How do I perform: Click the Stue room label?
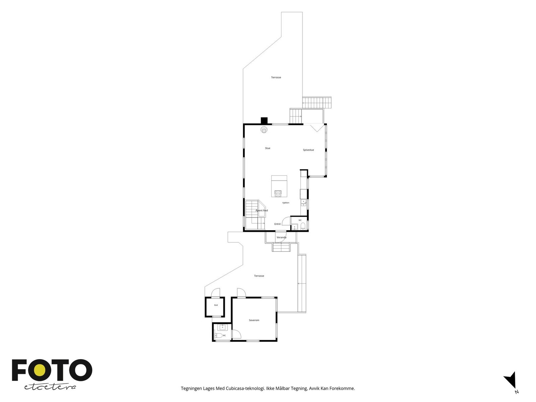(x=267, y=148)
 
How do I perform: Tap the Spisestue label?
(x=308, y=150)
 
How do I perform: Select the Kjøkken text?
(x=286, y=203)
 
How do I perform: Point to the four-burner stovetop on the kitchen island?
(x=278, y=194)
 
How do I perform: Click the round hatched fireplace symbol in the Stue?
(x=264, y=130)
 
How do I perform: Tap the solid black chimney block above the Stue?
(x=264, y=121)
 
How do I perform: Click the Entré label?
(x=277, y=224)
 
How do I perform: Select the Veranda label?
(x=281, y=237)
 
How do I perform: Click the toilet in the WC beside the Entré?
(x=303, y=226)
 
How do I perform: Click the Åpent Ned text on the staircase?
(x=262, y=210)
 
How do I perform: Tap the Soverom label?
(x=254, y=320)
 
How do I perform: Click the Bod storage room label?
(x=216, y=305)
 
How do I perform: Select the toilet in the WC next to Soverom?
(x=218, y=336)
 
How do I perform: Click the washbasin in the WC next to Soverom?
(x=222, y=327)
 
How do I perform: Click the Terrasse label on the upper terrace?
(x=276, y=77)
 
